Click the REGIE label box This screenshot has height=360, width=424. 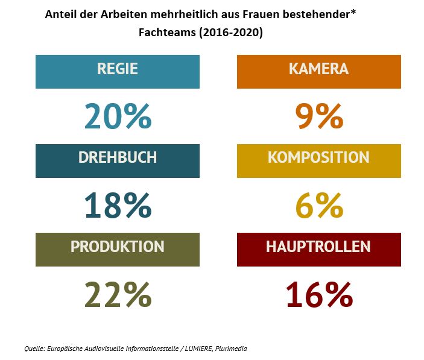tap(117, 71)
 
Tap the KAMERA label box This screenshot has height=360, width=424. tap(318, 71)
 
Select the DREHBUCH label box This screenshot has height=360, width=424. tap(117, 160)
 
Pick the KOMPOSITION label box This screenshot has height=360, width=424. tap(318, 160)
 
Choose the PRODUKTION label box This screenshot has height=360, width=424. tap(117, 249)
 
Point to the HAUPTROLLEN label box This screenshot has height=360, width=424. tap(318, 249)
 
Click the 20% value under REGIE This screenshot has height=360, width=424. tap(118, 116)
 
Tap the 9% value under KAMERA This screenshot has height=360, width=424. tap(319, 116)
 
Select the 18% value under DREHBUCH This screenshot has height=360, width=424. tap(118, 206)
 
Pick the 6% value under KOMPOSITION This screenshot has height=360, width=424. tap(319, 206)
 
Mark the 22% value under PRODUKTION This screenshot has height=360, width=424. tap(118, 294)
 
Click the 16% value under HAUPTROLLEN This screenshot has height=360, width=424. tap(319, 294)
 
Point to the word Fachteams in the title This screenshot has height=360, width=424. tap(171, 33)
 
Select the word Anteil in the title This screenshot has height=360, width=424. tap(60, 14)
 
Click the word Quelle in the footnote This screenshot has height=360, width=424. tap(34, 349)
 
